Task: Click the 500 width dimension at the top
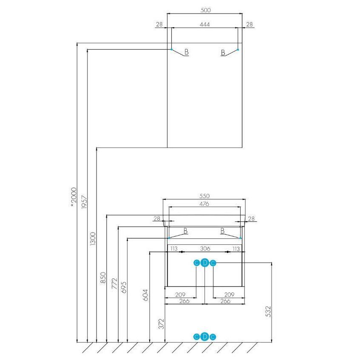pos(205,10)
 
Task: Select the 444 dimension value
pos(204,24)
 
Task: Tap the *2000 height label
pos(74,197)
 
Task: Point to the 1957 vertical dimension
pos(84,202)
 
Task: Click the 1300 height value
pos(93,239)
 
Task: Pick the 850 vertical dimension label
pos(103,278)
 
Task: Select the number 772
pos(114,283)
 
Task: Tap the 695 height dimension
pos(124,287)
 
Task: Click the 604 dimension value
pos(146,295)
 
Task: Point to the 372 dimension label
pos(162,324)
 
